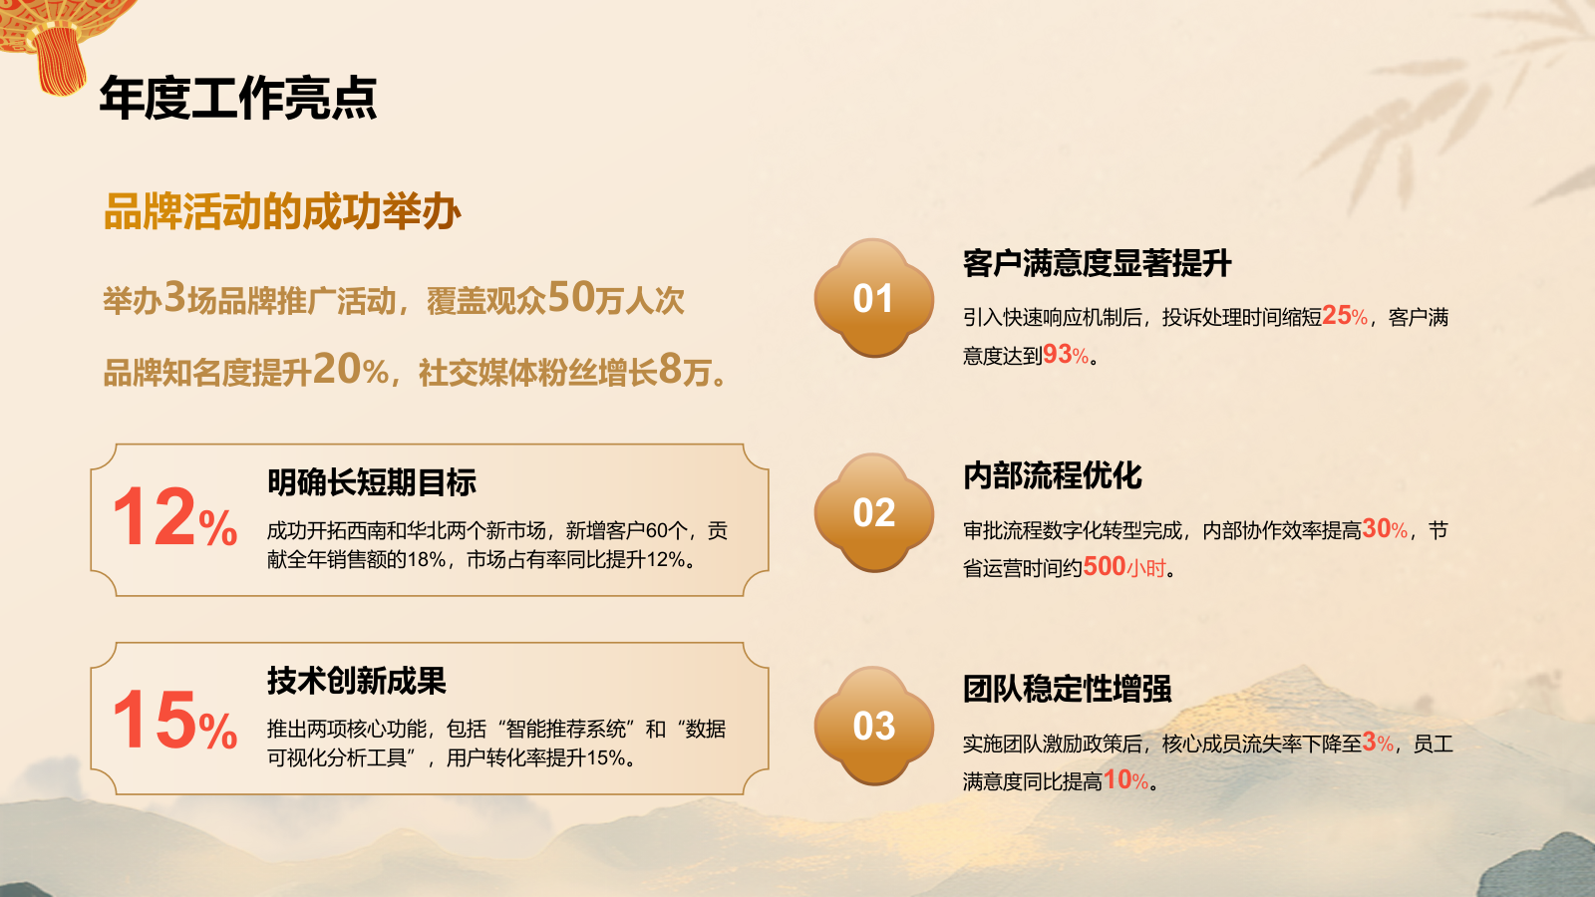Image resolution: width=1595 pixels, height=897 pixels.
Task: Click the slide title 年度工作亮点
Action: pos(238,98)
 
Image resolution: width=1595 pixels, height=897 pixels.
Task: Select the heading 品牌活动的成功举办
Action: pos(282,212)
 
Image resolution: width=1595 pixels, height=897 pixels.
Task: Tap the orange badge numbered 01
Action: pos(873,299)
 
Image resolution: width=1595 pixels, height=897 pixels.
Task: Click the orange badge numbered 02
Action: pos(873,513)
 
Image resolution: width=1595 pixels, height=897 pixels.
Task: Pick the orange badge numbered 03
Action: pos(873,727)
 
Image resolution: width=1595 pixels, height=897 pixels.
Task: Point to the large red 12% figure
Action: pos(174,518)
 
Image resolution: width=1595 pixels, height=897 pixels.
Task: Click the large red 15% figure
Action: pos(174,721)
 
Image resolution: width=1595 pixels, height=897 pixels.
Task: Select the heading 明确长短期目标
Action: pos(372,482)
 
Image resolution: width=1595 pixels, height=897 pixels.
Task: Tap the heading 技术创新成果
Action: pos(357,681)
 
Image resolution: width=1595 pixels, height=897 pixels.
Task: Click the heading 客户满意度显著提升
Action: pos(1097,263)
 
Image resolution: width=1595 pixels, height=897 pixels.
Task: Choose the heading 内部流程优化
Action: pos(1053,475)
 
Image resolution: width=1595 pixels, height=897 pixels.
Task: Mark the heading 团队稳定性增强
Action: pos(1067,689)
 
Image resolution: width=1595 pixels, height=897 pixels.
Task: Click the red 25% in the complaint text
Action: pos(1345,316)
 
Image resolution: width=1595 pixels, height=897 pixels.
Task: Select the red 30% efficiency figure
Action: pos(1385,529)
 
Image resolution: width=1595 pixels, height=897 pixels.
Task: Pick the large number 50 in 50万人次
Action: pos(571,297)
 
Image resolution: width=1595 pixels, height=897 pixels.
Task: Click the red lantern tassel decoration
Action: pos(60,60)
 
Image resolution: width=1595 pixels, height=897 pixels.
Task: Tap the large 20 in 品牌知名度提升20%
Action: pos(337,370)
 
